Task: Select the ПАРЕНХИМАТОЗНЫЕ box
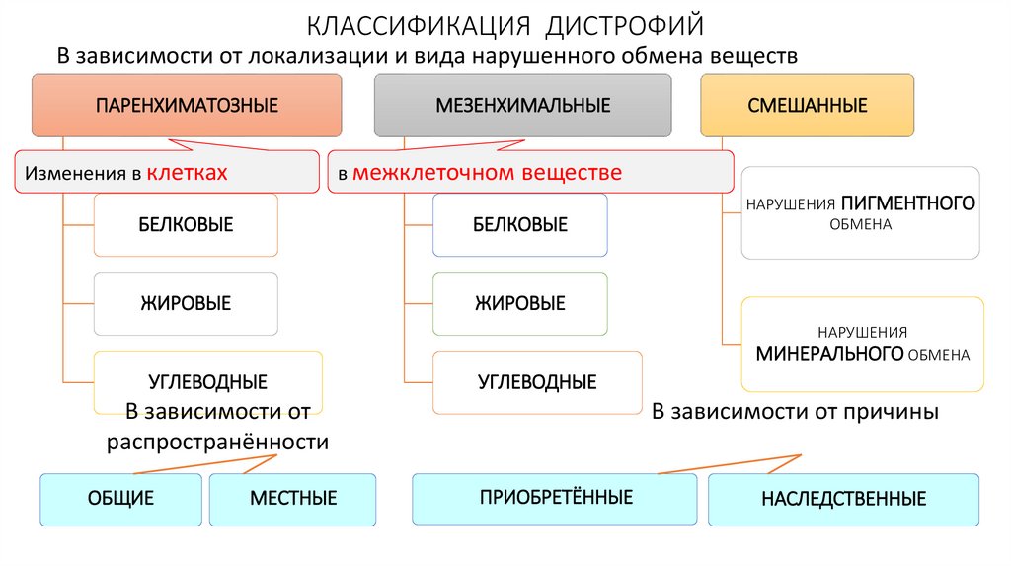(187, 105)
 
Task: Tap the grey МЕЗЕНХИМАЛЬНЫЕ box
(523, 105)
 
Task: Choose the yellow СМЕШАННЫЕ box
(807, 105)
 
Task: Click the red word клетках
(188, 173)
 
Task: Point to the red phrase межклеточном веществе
(488, 173)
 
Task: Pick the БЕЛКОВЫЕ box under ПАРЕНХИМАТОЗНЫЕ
(186, 225)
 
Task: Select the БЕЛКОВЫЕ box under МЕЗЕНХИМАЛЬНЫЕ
(519, 225)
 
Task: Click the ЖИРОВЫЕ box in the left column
(186, 303)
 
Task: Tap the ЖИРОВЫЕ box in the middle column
(519, 303)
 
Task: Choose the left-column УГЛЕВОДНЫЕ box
(208, 381)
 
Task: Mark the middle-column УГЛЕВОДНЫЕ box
(537, 381)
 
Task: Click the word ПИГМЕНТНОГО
(908, 202)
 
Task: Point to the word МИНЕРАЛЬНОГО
(830, 353)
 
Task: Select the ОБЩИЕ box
(121, 499)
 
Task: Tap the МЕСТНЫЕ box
(293, 499)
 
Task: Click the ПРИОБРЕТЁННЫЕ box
(555, 497)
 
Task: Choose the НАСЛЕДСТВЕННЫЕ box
(843, 499)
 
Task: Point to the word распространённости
(217, 442)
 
